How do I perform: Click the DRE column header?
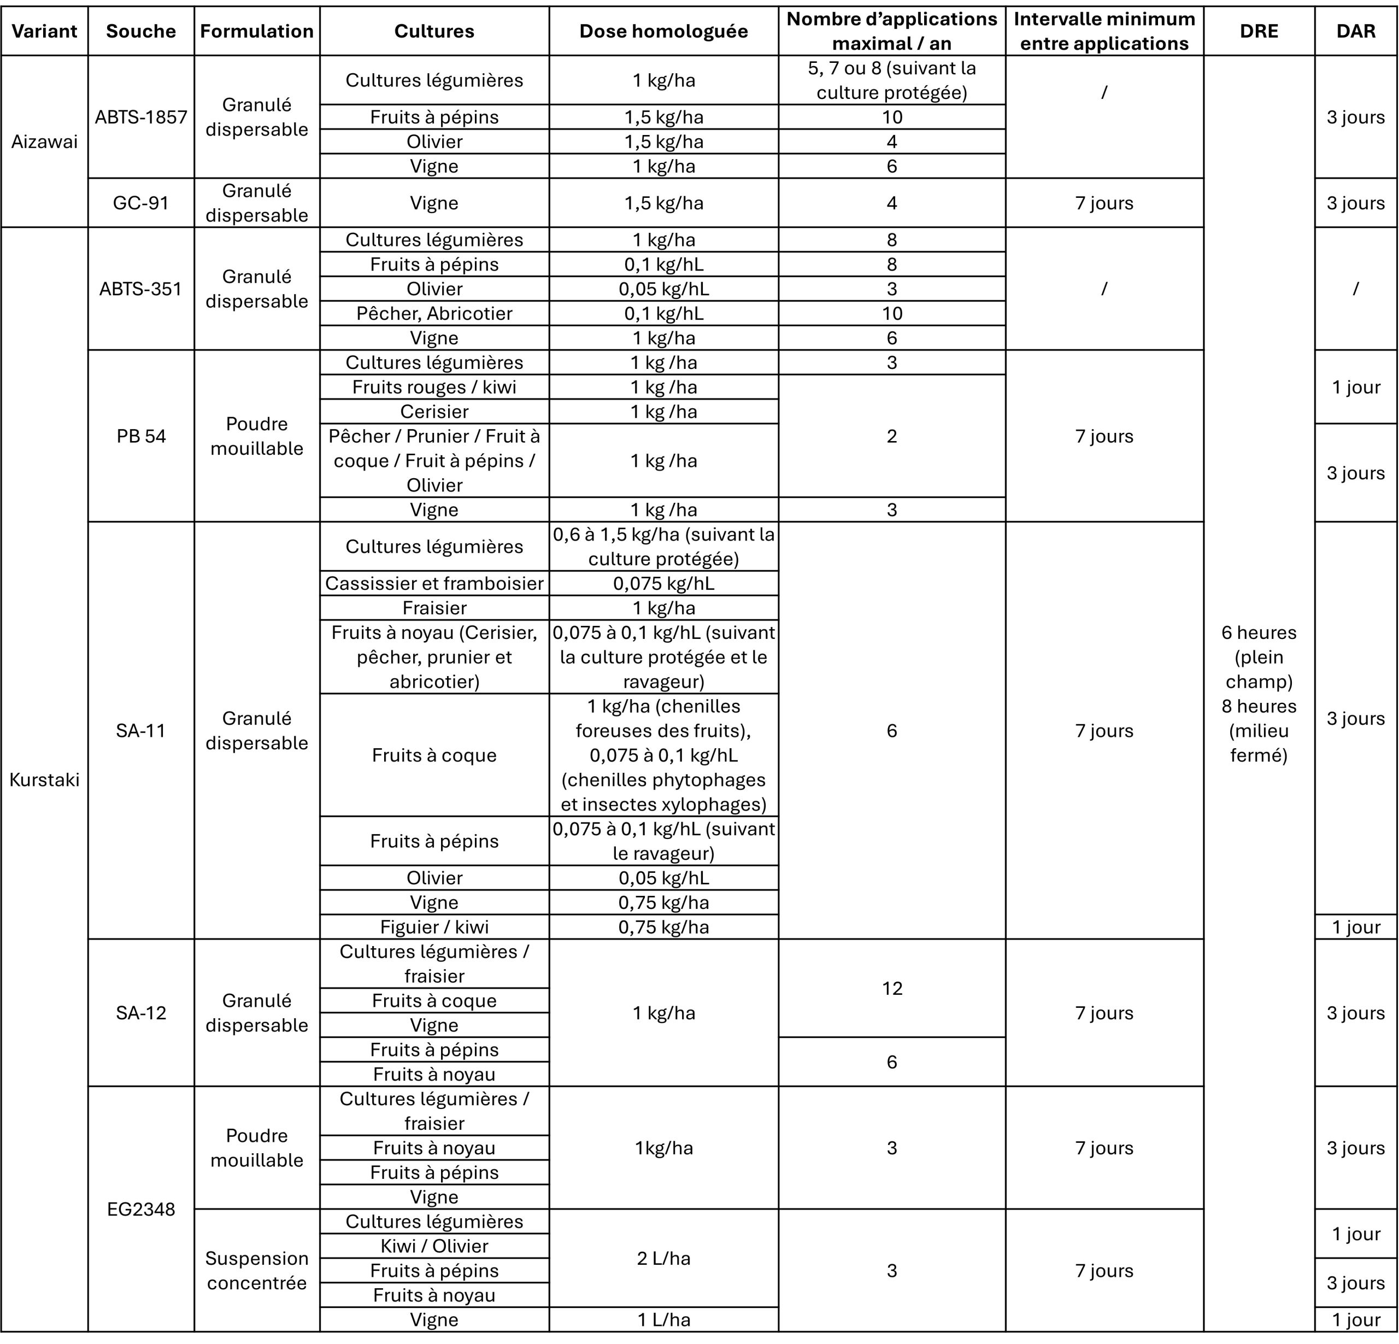pos(1259,31)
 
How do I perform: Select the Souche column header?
pos(140,31)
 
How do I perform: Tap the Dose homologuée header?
pos(663,31)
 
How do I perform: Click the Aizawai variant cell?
pos(44,142)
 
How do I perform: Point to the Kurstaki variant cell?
pos(44,779)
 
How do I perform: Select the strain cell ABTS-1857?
pos(140,117)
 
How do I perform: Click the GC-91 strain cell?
pos(140,203)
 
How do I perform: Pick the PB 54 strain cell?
pos(140,436)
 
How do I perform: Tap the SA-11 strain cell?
pos(140,731)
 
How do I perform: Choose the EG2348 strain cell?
pos(140,1209)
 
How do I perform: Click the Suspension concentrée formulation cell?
pos(257,1270)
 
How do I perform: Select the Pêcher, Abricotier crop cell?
pos(434,313)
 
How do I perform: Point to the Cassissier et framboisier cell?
pos(434,583)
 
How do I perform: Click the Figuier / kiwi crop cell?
pos(434,927)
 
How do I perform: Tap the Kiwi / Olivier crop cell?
pos(434,1246)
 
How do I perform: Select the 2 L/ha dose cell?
pos(663,1258)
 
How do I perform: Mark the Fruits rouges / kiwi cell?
pos(434,387)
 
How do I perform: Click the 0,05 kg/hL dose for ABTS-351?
pos(663,289)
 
